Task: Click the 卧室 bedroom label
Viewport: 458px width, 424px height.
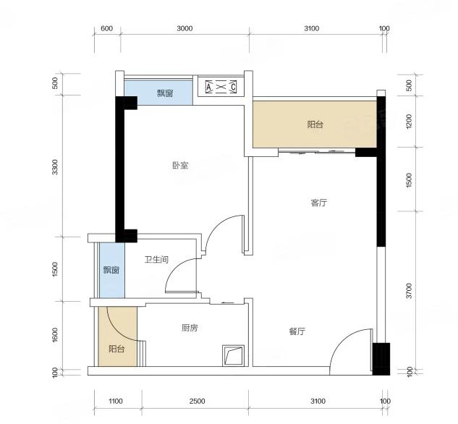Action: coord(180,166)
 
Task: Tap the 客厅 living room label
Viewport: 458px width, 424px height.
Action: coord(318,203)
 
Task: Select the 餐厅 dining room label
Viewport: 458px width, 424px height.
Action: coord(297,331)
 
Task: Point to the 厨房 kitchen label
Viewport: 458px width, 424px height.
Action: coord(190,328)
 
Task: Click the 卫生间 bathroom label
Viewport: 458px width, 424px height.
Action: coord(156,259)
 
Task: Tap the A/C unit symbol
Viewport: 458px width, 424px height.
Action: coord(221,87)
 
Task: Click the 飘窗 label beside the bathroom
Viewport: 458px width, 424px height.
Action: coord(111,270)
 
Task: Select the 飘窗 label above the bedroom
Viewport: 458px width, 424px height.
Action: coord(165,93)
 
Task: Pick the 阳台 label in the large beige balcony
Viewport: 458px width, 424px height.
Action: coord(315,124)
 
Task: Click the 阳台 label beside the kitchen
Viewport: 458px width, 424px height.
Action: coord(116,349)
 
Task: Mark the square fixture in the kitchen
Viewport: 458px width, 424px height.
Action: coord(233,355)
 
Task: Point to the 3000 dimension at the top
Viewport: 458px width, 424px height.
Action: coord(185,28)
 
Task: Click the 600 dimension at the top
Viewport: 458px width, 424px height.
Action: coord(106,28)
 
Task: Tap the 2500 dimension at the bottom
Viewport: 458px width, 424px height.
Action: coord(197,402)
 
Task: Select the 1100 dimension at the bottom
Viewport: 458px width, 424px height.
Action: coord(115,402)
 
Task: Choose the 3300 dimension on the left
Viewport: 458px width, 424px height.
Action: coord(54,167)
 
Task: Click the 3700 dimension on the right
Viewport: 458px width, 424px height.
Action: coord(409,291)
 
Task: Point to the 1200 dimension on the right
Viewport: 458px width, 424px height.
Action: coord(409,121)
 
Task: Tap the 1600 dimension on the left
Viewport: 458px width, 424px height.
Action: coord(54,335)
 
